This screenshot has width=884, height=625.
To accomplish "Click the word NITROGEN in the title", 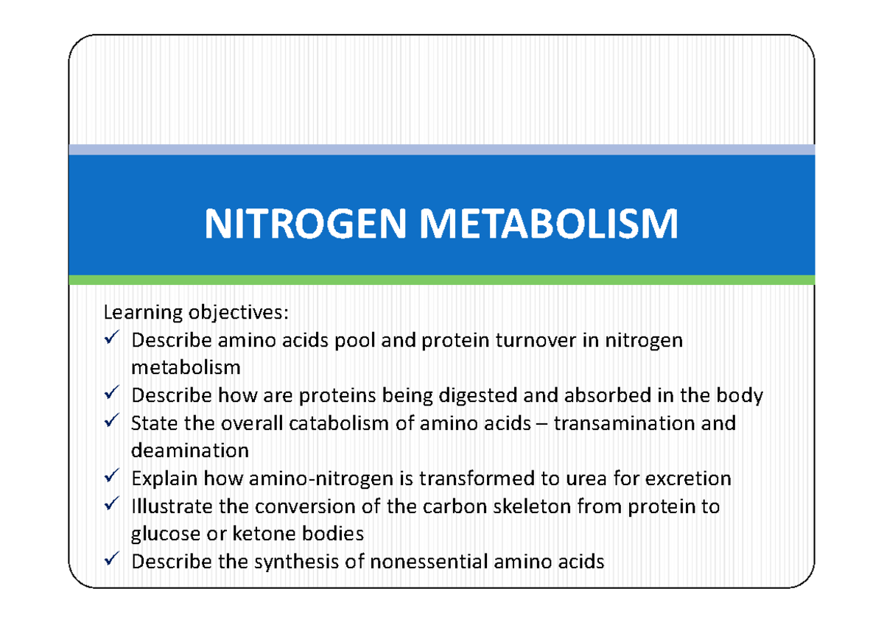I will (x=306, y=224).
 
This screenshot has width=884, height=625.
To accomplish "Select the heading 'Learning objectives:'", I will (x=192, y=313).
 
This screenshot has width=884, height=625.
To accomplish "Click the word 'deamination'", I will (x=189, y=450).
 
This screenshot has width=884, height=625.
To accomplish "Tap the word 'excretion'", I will (x=688, y=479).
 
